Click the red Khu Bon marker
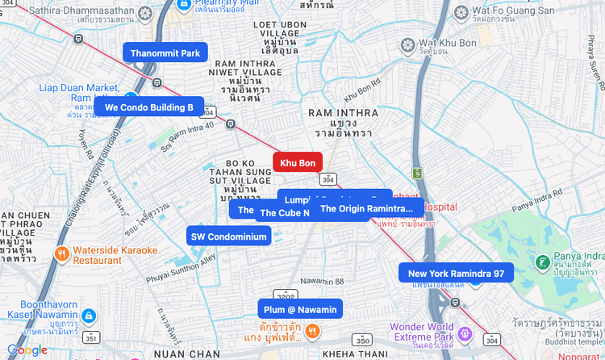298,162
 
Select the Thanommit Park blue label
165,53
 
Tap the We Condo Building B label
149,107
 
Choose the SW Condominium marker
228,236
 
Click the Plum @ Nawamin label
300,309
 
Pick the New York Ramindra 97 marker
456,273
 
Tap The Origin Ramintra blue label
367,208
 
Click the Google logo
27,350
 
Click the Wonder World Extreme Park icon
464,333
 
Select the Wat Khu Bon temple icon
408,42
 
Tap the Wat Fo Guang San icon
461,12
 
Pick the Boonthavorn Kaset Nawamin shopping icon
88,316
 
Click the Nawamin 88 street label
322,281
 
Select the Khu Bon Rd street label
365,85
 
